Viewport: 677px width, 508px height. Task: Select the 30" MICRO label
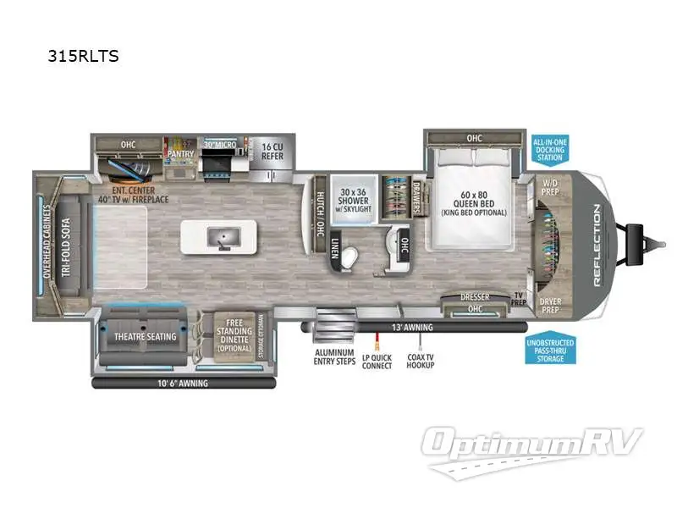pyautogui.click(x=218, y=144)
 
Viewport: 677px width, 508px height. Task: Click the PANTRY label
pyautogui.click(x=180, y=154)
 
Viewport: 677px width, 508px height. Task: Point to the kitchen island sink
pyautogui.click(x=221, y=236)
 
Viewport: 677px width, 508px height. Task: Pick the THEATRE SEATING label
pyautogui.click(x=146, y=337)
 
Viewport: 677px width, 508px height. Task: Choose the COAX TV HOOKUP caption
pyautogui.click(x=420, y=360)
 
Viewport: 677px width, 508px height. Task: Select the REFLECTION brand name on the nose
pyautogui.click(x=599, y=246)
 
